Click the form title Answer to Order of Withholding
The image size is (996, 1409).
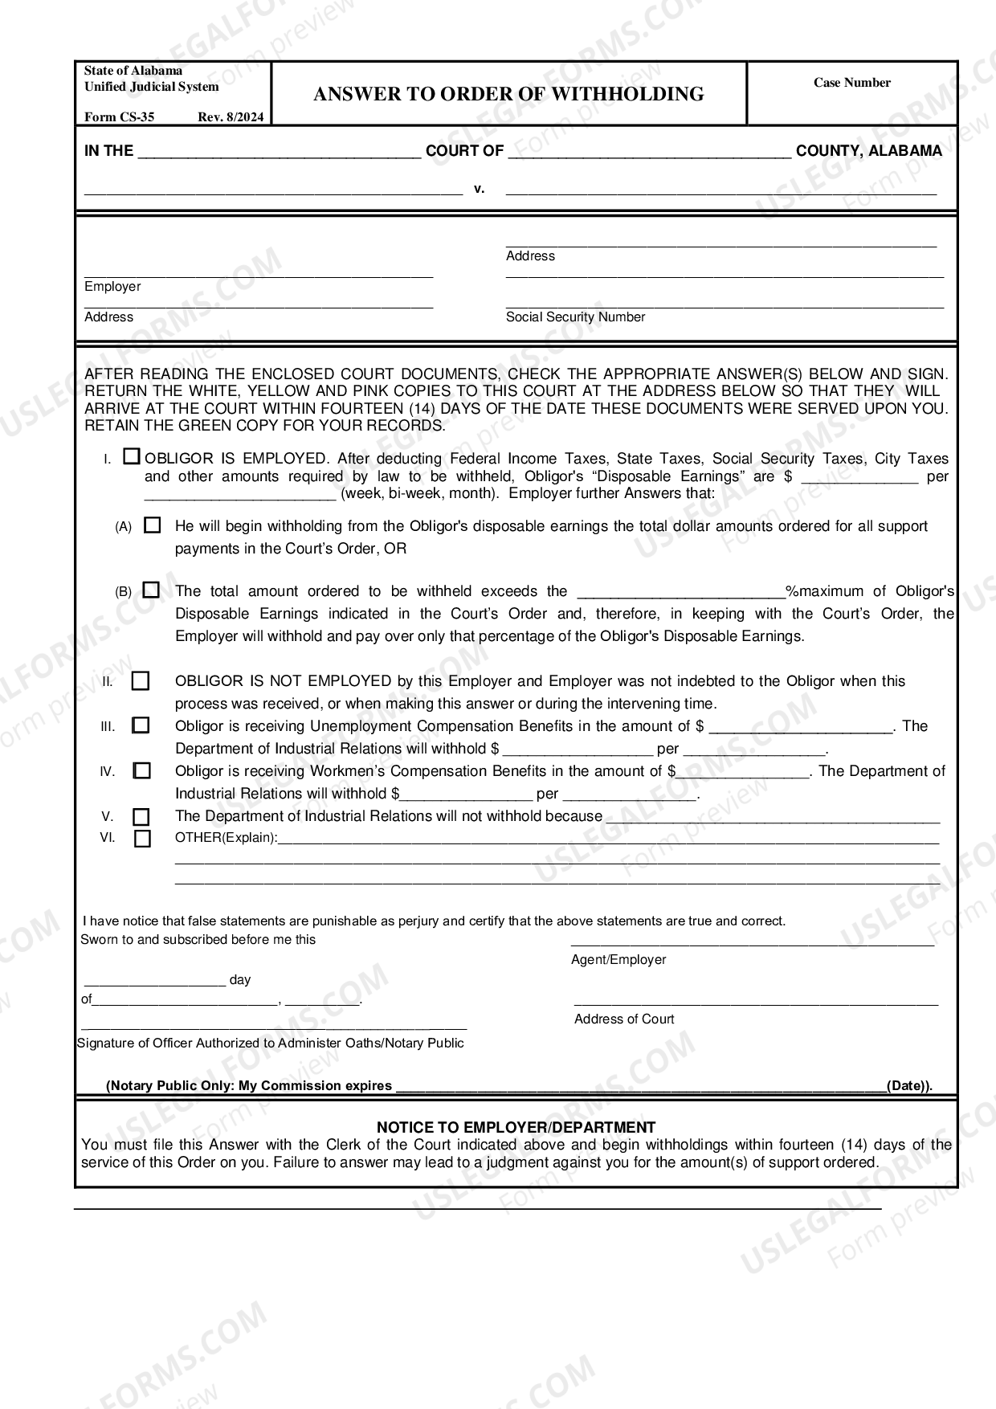coord(508,94)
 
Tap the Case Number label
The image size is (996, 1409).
coord(851,83)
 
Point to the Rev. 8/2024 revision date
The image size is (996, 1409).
coord(231,116)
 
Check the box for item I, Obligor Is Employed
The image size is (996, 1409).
coord(132,457)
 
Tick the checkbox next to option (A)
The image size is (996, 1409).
coord(152,526)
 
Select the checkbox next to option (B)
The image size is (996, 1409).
coord(151,590)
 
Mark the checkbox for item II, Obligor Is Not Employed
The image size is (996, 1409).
coord(141,681)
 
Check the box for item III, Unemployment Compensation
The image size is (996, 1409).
coord(141,725)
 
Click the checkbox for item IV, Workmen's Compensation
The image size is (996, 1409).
coord(141,771)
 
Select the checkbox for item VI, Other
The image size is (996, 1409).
coord(142,839)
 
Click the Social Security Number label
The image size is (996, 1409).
coord(575,317)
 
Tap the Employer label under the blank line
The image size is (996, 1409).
coord(112,287)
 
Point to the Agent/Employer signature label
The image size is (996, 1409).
coord(618,960)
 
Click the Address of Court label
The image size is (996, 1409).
coord(624,1019)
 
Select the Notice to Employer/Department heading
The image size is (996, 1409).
coord(516,1127)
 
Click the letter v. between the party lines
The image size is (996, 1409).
coord(480,190)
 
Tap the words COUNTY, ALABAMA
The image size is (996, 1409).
coord(868,151)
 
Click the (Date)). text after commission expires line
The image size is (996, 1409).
coord(909,1086)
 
